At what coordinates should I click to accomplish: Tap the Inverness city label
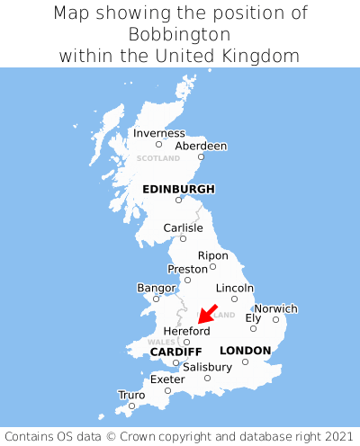pyautogui.click(x=158, y=133)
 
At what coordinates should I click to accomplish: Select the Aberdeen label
pyautogui.click(x=201, y=146)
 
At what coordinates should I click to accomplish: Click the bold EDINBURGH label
pyautogui.click(x=178, y=189)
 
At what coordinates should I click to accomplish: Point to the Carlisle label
pyautogui.click(x=183, y=227)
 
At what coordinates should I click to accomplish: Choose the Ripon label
pyautogui.click(x=212, y=254)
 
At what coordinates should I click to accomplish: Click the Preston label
pyautogui.click(x=187, y=268)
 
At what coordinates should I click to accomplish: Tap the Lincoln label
pyautogui.click(x=235, y=288)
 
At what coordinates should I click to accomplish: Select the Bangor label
pyautogui.click(x=156, y=288)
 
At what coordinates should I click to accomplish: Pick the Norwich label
pyautogui.click(x=275, y=308)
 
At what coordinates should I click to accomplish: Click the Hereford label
pyautogui.click(x=186, y=331)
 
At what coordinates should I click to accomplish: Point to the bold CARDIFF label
pyautogui.click(x=175, y=351)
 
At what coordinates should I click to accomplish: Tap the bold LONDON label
pyautogui.click(x=245, y=350)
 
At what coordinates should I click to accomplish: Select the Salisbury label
pyautogui.click(x=207, y=367)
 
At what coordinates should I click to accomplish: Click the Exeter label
pyautogui.click(x=167, y=379)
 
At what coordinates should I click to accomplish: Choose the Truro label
pyautogui.click(x=131, y=395)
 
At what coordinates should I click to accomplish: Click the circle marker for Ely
pyautogui.click(x=253, y=328)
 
